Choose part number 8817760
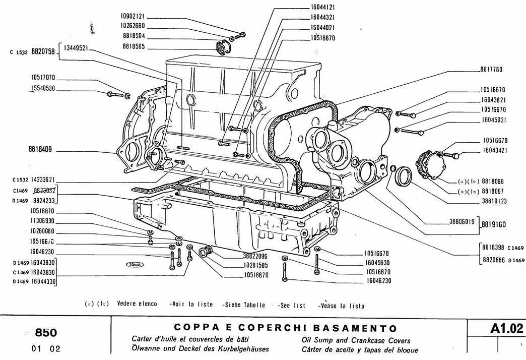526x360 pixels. click(489, 70)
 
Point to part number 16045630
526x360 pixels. click(377, 263)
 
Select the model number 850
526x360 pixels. click(46, 333)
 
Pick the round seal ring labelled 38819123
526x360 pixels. click(404, 176)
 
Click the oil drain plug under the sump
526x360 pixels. click(206, 251)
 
